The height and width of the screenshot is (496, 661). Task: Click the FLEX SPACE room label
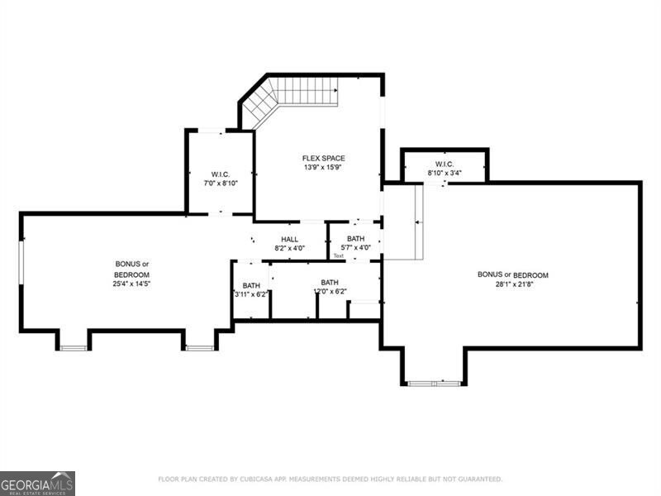point(323,158)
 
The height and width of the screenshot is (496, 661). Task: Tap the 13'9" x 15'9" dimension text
point(323,167)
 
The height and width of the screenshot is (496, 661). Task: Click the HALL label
point(289,239)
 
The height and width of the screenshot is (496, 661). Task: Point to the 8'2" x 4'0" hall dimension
point(289,248)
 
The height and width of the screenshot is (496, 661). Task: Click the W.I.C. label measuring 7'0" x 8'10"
point(220,174)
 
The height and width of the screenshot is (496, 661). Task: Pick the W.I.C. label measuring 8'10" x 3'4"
point(445,164)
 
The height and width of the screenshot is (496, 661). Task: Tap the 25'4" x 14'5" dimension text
point(132,284)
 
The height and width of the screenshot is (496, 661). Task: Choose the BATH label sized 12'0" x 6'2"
point(330,282)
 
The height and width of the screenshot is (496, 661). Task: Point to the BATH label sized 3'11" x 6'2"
point(251,285)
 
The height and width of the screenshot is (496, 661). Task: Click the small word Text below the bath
point(339,255)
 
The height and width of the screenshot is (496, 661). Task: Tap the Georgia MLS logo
point(37,483)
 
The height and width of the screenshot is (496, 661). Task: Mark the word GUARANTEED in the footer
point(477,479)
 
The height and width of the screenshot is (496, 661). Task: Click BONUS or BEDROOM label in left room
point(132,269)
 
